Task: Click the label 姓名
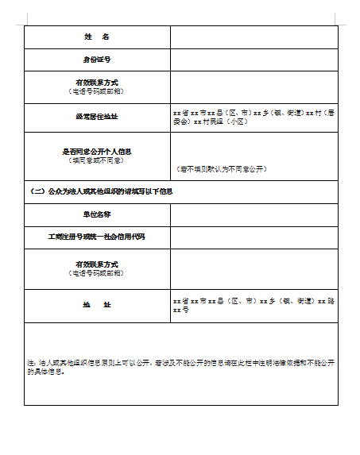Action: click(x=96, y=37)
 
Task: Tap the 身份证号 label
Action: click(x=96, y=60)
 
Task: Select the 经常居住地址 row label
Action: click(x=96, y=117)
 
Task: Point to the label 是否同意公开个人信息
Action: click(x=96, y=151)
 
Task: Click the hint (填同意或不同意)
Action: click(x=96, y=160)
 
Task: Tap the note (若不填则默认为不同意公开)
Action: click(x=222, y=169)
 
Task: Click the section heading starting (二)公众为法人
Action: click(x=101, y=191)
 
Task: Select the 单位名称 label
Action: click(x=96, y=214)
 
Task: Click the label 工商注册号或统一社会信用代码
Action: click(x=96, y=237)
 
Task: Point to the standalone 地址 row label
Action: click(x=96, y=305)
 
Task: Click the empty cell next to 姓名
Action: click(x=254, y=37)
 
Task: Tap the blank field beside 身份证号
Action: click(x=254, y=60)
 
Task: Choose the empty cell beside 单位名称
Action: click(x=254, y=214)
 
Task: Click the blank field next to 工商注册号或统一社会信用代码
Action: click(x=254, y=237)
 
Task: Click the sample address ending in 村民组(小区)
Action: click(x=254, y=117)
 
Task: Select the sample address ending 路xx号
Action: click(x=254, y=305)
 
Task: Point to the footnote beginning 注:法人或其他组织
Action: click(x=180, y=366)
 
